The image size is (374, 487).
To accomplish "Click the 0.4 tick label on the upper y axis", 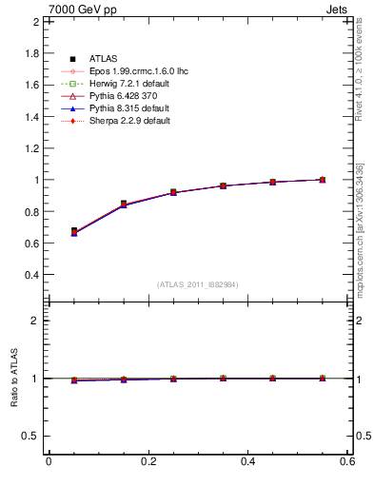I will [29, 275].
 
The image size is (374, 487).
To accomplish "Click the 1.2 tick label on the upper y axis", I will [29, 147].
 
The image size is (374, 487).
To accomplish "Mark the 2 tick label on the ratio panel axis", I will [33, 321].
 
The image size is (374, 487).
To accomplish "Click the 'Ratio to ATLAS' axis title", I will [13, 378].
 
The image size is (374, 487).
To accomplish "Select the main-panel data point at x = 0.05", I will [74, 231].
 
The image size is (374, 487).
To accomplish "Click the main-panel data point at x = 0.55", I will [322, 180].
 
